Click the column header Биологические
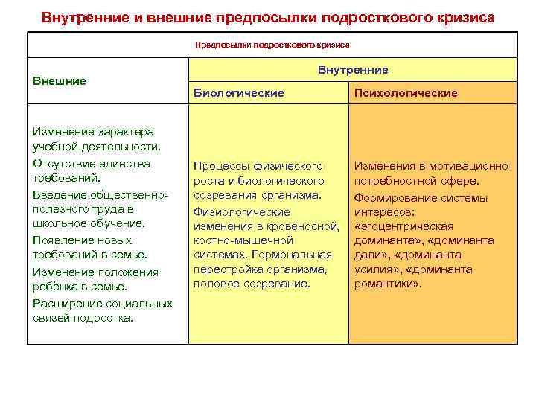(238, 93)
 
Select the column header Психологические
(406, 93)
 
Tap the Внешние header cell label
(60, 80)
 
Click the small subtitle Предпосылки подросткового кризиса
(272, 45)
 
